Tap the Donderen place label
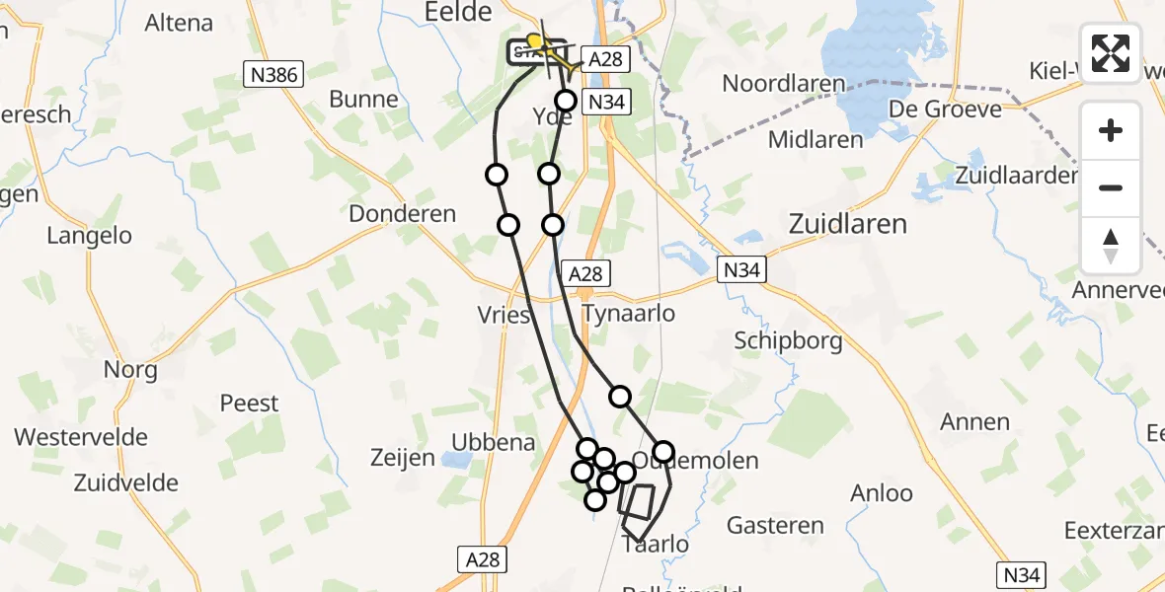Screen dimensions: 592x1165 coord(403,214)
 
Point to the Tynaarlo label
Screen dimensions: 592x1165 coord(629,314)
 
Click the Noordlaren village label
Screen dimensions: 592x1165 coord(784,84)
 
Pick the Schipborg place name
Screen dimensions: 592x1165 coord(788,341)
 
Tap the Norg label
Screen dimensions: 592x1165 coord(130,370)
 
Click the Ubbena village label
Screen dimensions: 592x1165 coord(493,442)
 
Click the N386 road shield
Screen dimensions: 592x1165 coord(275,73)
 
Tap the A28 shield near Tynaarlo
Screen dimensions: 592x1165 coord(585,273)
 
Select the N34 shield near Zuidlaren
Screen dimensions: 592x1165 coord(742,269)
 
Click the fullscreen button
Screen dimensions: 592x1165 coord(1111,53)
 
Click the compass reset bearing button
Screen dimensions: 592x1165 coord(1111,246)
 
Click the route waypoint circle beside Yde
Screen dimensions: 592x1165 coord(566,101)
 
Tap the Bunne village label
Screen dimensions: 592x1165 coord(363,100)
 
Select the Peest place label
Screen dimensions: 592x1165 coord(249,404)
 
